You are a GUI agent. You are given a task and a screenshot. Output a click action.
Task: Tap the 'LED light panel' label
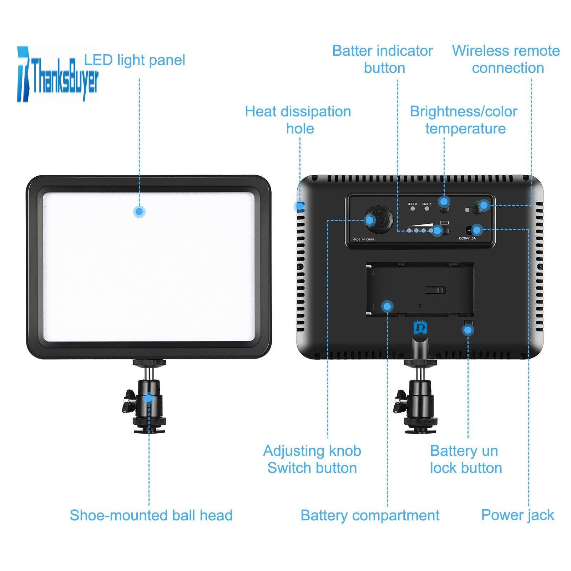tap(135, 60)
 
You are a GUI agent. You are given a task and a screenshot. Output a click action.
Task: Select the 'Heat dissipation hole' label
tap(298, 120)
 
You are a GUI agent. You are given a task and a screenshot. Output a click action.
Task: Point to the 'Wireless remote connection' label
tap(506, 59)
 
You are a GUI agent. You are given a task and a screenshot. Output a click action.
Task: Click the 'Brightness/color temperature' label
tap(464, 120)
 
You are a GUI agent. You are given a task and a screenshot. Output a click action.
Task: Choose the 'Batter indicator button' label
tap(383, 59)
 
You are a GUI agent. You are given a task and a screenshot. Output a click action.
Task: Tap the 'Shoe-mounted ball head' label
tap(151, 515)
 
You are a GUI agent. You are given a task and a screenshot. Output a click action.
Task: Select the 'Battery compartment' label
tap(370, 516)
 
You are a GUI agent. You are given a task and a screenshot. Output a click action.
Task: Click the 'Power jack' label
tap(517, 515)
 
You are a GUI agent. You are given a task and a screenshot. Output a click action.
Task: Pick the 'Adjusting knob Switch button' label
tap(312, 459)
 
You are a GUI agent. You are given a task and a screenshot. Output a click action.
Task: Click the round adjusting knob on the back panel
tap(378, 218)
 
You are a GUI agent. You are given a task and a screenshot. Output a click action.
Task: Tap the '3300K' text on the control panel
tap(413, 204)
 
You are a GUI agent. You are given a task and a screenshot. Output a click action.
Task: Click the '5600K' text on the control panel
tap(427, 204)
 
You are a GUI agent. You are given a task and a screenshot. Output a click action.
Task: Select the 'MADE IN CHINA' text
tap(363, 239)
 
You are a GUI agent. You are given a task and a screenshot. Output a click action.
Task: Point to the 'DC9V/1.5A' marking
tap(467, 238)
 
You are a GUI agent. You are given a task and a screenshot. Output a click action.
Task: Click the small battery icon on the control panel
tap(445, 223)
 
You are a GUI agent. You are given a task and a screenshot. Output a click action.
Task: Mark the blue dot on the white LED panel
tap(139, 212)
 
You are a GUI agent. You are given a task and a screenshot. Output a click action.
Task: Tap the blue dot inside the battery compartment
tap(387, 306)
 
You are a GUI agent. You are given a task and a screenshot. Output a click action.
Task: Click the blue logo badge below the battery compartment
tap(420, 328)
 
